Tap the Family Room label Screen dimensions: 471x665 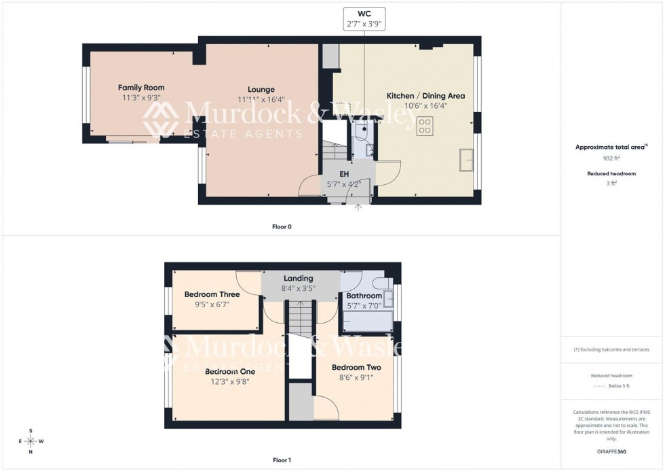141,88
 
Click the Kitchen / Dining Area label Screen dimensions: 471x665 425,96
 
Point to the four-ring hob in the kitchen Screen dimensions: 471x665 425,125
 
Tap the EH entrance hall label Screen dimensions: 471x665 344,175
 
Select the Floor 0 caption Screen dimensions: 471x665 282,226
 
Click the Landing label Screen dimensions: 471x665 299,279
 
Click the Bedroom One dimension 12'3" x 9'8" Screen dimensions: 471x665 230,381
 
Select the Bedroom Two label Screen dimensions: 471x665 356,368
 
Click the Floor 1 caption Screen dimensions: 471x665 282,460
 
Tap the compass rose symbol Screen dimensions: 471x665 31,440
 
